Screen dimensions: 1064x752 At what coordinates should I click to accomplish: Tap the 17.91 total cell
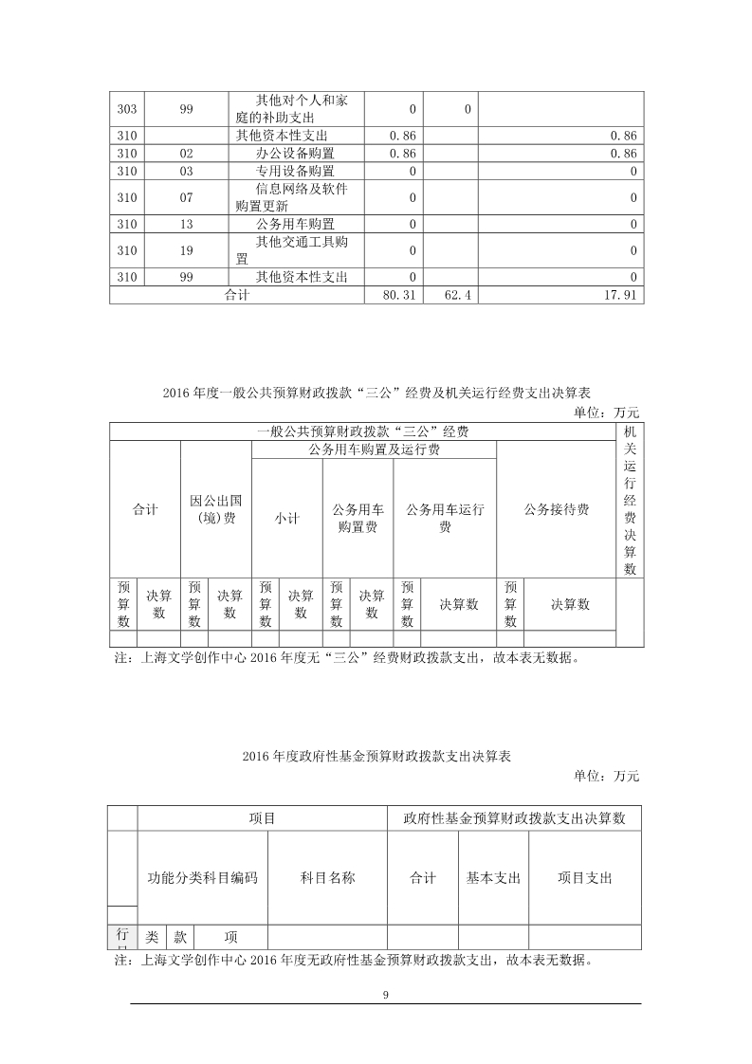(x=621, y=296)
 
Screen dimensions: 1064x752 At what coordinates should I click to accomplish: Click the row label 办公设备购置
(x=295, y=153)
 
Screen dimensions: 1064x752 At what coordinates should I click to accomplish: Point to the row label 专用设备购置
(x=295, y=172)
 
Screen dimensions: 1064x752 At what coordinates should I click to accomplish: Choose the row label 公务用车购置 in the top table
(x=295, y=224)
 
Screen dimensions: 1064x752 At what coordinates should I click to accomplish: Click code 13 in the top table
(x=186, y=224)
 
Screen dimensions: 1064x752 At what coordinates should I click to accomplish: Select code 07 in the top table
(x=186, y=197)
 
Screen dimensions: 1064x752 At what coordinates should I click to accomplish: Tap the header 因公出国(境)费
(x=215, y=509)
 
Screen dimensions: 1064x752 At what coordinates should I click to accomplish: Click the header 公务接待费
(x=556, y=509)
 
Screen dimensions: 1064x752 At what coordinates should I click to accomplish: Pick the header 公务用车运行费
(x=445, y=518)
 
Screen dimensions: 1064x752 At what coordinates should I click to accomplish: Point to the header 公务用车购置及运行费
(x=374, y=450)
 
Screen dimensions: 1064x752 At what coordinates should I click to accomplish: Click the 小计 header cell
(x=287, y=518)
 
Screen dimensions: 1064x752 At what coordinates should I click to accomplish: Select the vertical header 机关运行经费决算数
(x=630, y=500)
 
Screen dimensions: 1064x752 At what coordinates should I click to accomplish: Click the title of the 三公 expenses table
(x=376, y=393)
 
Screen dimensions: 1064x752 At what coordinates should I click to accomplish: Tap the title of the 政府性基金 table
(x=376, y=756)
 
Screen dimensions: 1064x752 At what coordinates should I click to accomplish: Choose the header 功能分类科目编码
(x=203, y=877)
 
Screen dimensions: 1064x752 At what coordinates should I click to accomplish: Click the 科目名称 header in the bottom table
(x=327, y=877)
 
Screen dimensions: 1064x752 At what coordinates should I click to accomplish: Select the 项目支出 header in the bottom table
(x=584, y=877)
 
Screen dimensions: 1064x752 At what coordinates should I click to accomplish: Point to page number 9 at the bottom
(x=385, y=995)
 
